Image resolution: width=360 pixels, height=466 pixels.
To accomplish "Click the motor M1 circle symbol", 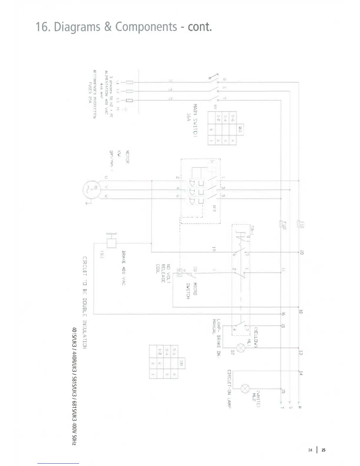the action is [x=91, y=190].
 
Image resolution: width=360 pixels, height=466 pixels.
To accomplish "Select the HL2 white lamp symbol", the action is [x=245, y=389].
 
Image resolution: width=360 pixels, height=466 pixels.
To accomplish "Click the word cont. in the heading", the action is [x=200, y=27].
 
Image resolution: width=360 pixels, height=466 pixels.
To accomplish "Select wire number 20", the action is [x=302, y=252].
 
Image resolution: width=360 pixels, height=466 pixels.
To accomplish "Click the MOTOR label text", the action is [x=127, y=157].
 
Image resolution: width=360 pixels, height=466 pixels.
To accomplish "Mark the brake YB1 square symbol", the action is [x=111, y=243].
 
